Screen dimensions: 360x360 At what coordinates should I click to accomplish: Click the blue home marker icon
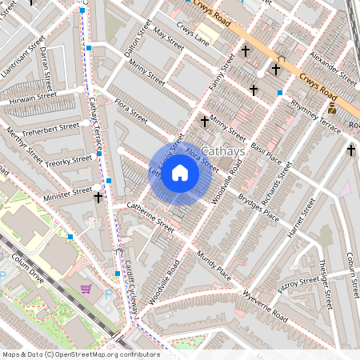pyautogui.click(x=180, y=173)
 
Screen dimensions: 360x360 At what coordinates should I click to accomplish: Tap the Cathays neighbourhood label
pyautogui.click(x=223, y=151)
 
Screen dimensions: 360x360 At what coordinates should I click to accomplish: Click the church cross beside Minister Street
pyautogui.click(x=98, y=196)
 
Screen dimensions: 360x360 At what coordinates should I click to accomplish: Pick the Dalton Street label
pyautogui.click(x=138, y=41)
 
